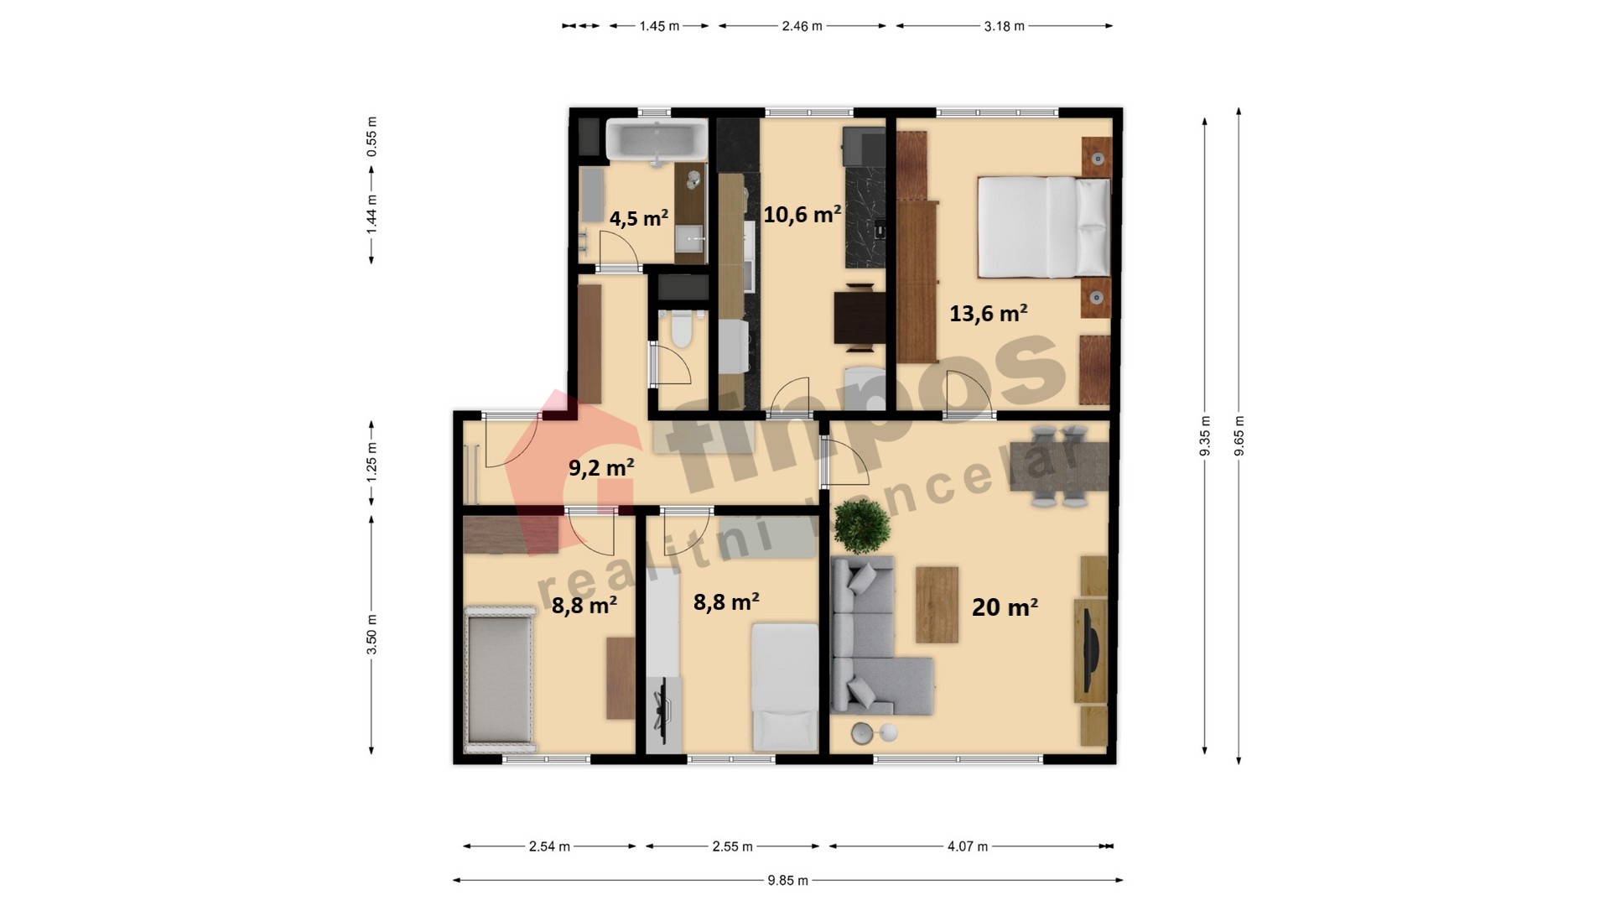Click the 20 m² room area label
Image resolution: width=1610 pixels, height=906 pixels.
point(1005,607)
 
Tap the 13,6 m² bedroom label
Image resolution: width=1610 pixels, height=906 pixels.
point(988,313)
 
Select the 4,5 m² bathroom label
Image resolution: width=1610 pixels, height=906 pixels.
point(638,218)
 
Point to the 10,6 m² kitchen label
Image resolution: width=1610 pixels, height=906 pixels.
point(802,214)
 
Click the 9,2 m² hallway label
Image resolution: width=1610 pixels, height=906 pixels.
point(600,467)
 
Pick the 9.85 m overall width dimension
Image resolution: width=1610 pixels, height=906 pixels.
point(788,880)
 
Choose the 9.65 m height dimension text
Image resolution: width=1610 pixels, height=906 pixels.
point(1239,436)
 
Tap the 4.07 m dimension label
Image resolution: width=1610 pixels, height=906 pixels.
point(968,846)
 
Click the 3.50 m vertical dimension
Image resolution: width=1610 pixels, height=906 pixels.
point(371,635)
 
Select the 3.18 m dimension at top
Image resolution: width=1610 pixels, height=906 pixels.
point(1005,26)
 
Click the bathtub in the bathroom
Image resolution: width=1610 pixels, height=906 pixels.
point(657,139)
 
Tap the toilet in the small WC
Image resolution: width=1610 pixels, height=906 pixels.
point(680,329)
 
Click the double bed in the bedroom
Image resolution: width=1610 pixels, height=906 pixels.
point(1044,226)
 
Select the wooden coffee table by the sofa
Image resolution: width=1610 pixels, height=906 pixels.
point(937,605)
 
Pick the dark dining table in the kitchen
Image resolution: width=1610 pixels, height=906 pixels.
point(860,317)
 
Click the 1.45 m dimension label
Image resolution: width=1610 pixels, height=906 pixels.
point(659,26)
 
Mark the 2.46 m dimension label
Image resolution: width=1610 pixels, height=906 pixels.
point(802,26)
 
